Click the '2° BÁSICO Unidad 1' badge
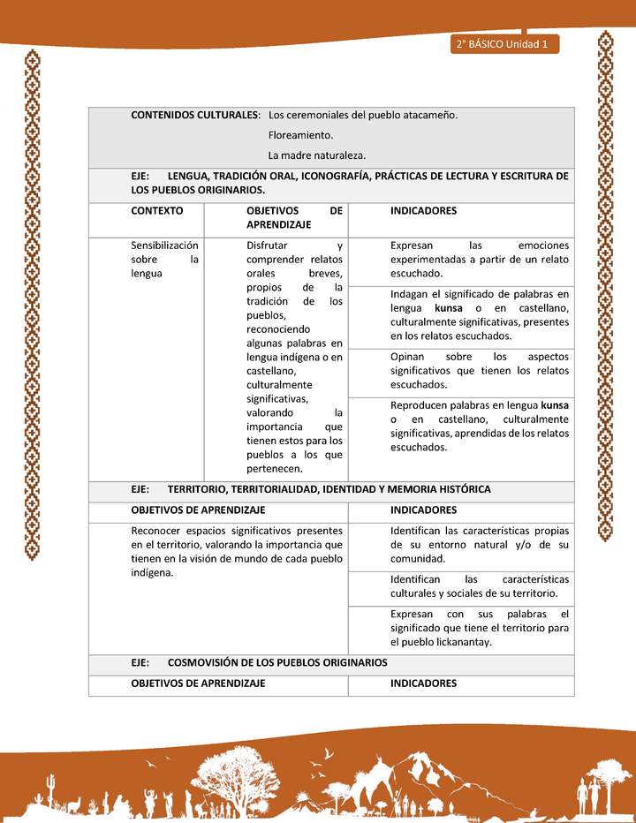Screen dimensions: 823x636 [504, 44]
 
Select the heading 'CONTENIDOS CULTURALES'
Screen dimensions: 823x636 [194, 116]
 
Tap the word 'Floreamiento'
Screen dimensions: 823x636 [300, 135]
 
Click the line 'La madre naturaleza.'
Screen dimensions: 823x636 [316, 155]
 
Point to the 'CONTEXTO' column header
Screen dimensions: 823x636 [157, 211]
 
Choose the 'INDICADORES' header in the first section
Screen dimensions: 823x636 [423, 211]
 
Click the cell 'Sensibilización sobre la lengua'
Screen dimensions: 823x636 [164, 260]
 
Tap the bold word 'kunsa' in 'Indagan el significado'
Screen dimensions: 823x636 [449, 308]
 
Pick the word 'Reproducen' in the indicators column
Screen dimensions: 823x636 [419, 405]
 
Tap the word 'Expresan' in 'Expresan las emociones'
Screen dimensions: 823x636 [412, 245]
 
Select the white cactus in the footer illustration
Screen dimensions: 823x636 [50, 786]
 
